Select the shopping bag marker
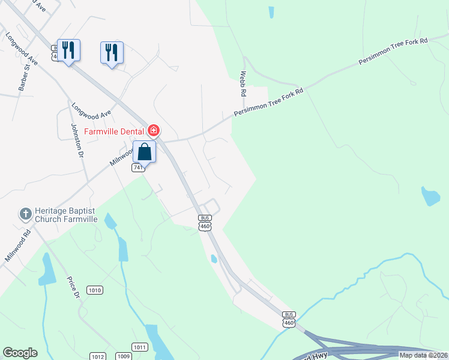[x=145, y=152]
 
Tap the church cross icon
[x=25, y=214]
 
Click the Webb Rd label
[x=244, y=84]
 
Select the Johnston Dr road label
[x=76, y=140]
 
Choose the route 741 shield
[x=138, y=168]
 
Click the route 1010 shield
[x=95, y=290]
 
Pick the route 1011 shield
[x=140, y=347]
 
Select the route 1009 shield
[x=123, y=356]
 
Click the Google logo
[x=20, y=353]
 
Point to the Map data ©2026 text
[x=423, y=355]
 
